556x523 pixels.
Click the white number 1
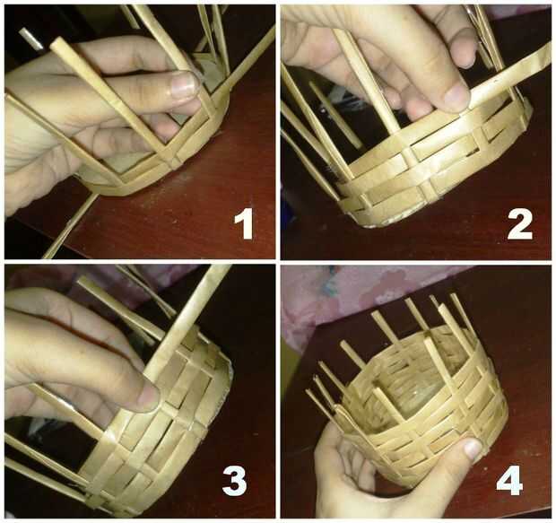click(244, 224)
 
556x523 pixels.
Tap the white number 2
click(520, 224)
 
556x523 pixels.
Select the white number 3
click(234, 480)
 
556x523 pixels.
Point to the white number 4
click(510, 480)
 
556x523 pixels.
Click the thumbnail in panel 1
click(183, 85)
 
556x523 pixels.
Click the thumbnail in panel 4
click(473, 449)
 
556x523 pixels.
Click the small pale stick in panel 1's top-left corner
click(31, 39)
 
